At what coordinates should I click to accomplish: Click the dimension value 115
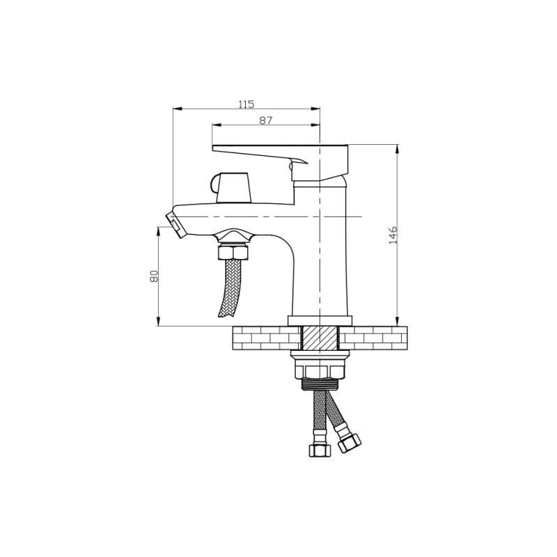246,104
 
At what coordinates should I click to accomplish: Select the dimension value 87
266,120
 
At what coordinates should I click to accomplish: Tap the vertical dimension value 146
393,235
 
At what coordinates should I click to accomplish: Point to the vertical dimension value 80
154,276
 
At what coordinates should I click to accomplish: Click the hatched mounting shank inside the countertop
320,338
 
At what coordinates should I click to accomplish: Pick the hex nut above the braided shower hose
233,252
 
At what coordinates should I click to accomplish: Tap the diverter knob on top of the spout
232,187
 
